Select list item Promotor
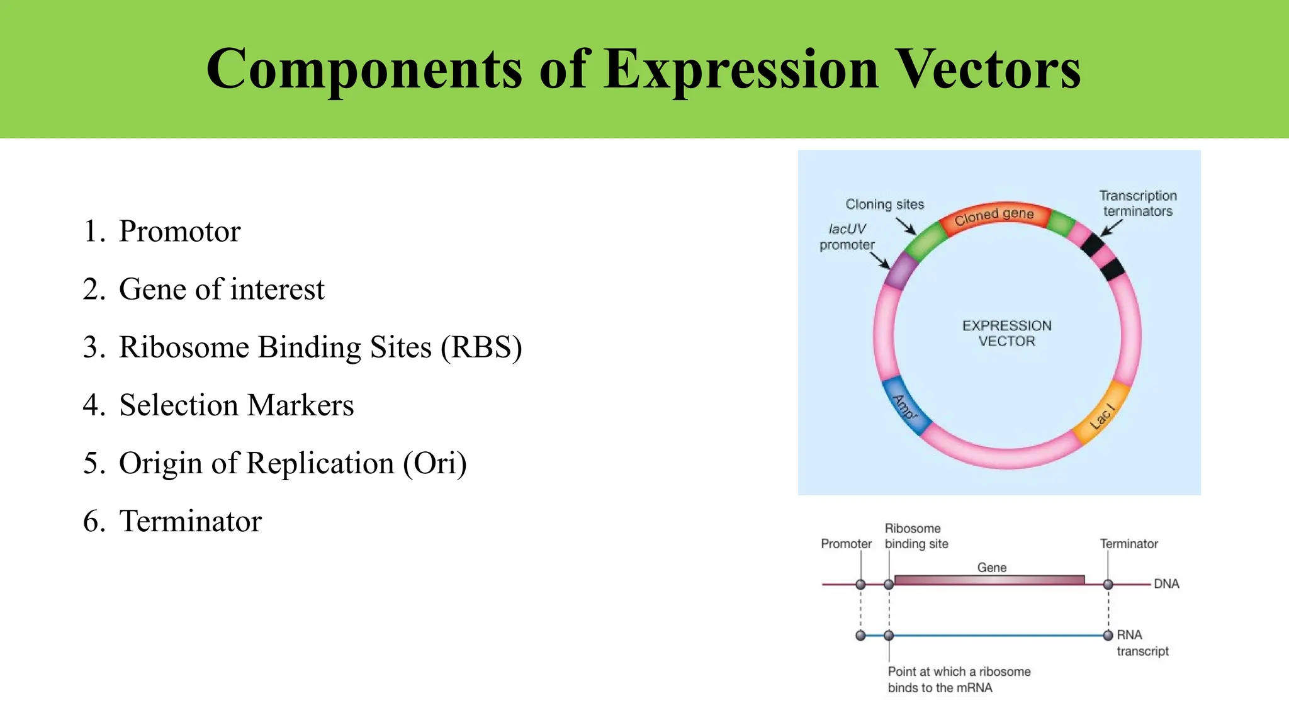pyautogui.click(x=179, y=231)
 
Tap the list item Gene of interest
pyautogui.click(x=221, y=289)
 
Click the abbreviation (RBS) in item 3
pyautogui.click(x=481, y=347)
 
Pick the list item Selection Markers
pyautogui.click(x=236, y=405)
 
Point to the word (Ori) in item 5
pyautogui.click(x=435, y=463)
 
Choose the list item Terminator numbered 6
pyautogui.click(x=190, y=521)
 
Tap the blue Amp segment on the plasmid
pyautogui.click(x=905, y=406)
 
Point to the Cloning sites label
pyautogui.click(x=884, y=205)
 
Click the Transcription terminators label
pyautogui.click(x=1137, y=203)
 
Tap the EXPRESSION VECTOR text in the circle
pyautogui.click(x=1006, y=334)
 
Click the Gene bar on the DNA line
pyautogui.click(x=989, y=580)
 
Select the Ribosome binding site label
pyautogui.click(x=915, y=536)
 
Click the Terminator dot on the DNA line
pyautogui.click(x=1108, y=585)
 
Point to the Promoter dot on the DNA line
pyautogui.click(x=860, y=585)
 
